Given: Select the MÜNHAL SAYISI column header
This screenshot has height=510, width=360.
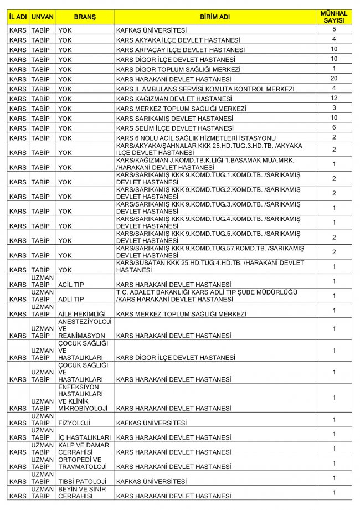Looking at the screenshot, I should (334, 17).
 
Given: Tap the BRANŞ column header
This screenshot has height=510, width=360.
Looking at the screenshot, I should (85, 17).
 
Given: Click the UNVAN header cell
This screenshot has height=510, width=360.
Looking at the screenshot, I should (43, 17).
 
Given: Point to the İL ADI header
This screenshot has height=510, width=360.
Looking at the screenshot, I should (18, 17).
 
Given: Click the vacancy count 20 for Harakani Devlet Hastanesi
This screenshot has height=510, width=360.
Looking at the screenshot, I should (334, 79).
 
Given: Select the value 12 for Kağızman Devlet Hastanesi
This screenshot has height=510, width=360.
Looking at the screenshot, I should (334, 98).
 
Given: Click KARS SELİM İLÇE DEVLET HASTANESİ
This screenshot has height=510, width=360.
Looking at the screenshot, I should (174, 128).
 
